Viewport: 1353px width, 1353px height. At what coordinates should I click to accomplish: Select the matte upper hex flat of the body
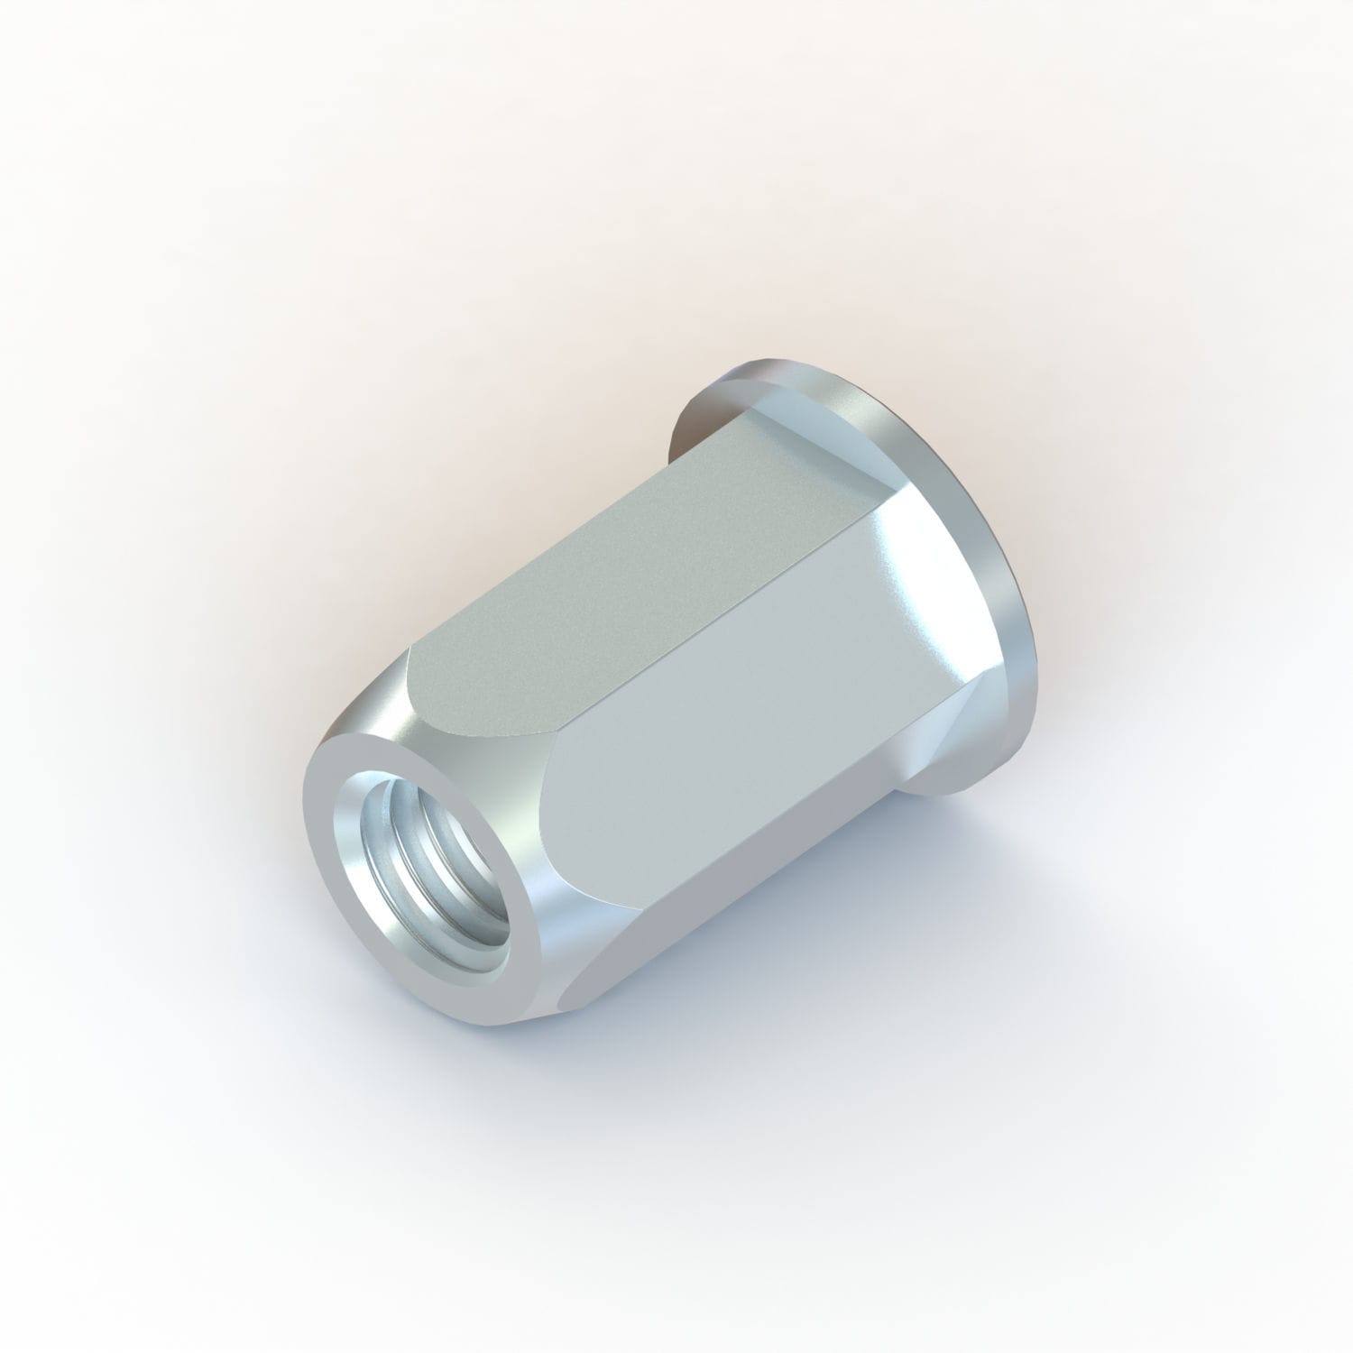pyautogui.click(x=577, y=577)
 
